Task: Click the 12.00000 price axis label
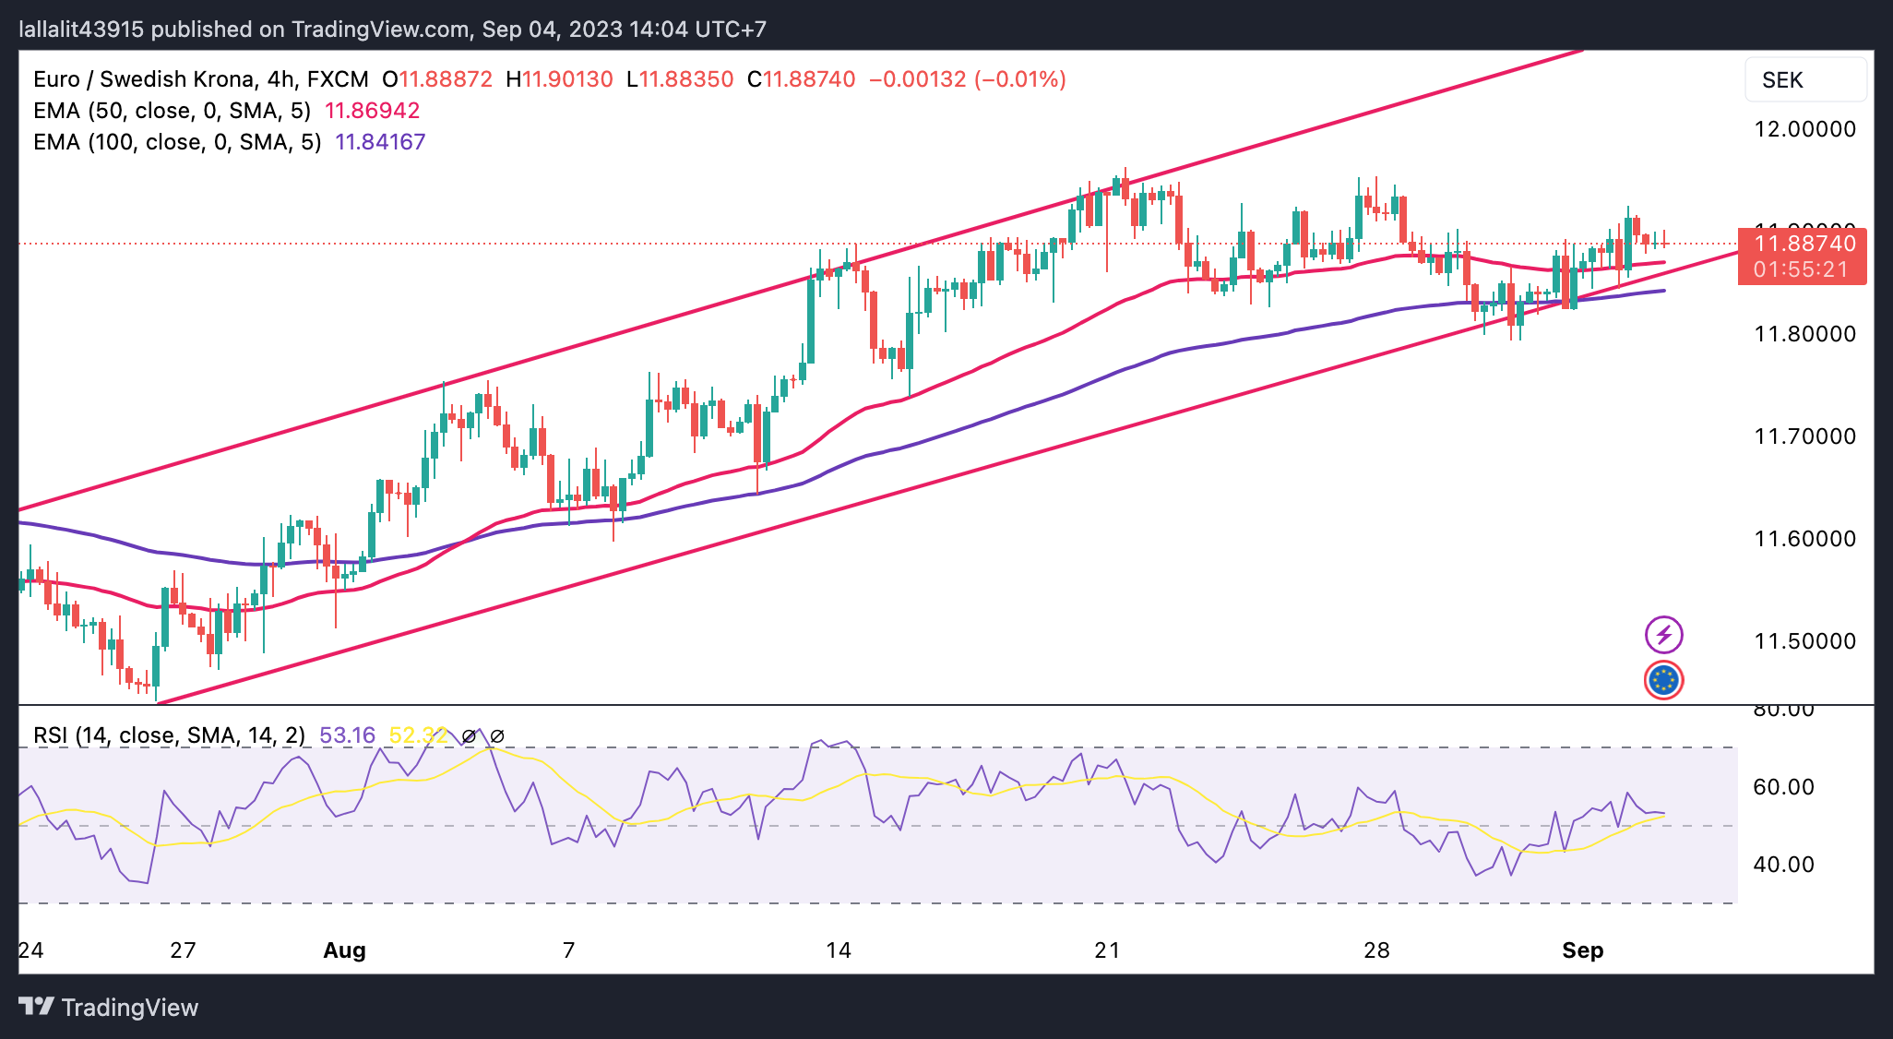(1804, 129)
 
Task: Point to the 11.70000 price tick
(1804, 436)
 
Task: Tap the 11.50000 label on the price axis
(1804, 641)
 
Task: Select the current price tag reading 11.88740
(1804, 245)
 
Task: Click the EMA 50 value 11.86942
(372, 111)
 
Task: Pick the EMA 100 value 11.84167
(380, 142)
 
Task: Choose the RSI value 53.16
(347, 735)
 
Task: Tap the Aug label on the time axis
(344, 950)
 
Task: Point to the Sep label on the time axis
(1582, 950)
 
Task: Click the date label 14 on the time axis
(838, 950)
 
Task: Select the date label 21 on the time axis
(1107, 950)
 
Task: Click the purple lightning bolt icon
(1663, 635)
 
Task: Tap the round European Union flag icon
(1663, 681)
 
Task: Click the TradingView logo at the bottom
(109, 1007)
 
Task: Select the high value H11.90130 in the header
(559, 79)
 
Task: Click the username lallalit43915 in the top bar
(82, 30)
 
